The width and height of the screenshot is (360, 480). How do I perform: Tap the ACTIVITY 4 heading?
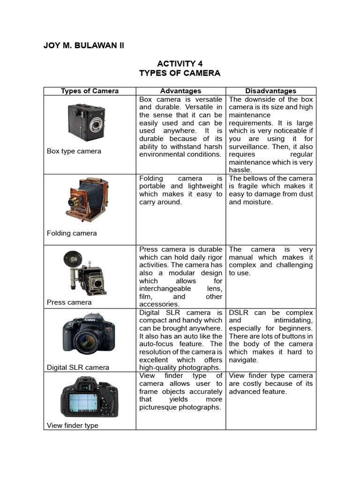180,64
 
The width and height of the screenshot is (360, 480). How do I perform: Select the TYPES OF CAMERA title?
180,73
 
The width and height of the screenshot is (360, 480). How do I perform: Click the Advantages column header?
180,91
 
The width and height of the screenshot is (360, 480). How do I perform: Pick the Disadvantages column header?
271,91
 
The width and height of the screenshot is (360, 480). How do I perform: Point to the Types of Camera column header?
90,91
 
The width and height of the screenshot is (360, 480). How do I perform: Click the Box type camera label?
74,151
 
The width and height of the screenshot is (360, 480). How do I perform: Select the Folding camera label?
72,233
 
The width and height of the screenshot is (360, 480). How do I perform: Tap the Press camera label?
69,302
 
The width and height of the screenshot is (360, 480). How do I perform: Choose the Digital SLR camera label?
78,367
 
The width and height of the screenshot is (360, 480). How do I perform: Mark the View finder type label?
72,426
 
